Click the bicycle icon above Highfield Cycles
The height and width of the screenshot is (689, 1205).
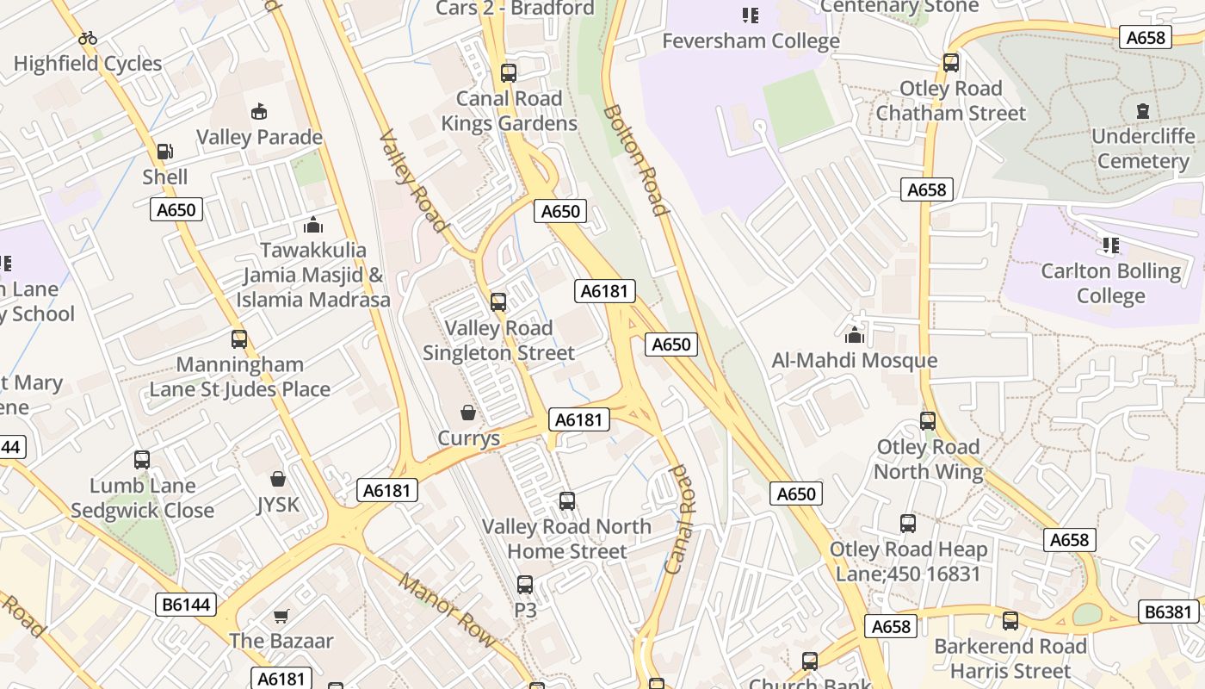click(x=87, y=38)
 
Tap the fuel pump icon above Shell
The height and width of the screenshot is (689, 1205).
click(x=164, y=152)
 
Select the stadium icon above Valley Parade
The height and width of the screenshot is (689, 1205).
click(x=259, y=111)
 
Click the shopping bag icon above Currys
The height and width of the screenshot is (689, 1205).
click(x=468, y=413)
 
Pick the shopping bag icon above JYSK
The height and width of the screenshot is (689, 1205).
click(x=278, y=478)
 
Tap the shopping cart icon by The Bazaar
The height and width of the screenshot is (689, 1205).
click(x=281, y=616)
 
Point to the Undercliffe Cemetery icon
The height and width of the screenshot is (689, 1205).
click(x=1143, y=110)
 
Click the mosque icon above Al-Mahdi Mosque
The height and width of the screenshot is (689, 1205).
click(x=854, y=334)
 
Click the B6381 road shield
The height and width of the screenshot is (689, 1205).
click(x=1168, y=611)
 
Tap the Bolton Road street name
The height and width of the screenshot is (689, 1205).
click(x=635, y=160)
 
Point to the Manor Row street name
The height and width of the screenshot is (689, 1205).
click(x=446, y=610)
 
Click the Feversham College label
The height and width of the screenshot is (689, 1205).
click(x=751, y=40)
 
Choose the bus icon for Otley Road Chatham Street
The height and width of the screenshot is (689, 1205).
click(x=950, y=62)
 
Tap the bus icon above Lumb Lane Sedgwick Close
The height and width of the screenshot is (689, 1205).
click(x=142, y=460)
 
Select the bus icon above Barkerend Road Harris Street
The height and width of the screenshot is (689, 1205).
click(x=1010, y=620)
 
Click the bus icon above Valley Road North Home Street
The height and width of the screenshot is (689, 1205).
click(x=566, y=500)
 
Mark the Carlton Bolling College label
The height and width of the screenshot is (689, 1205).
click(x=1110, y=283)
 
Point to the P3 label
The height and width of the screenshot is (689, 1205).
click(x=525, y=610)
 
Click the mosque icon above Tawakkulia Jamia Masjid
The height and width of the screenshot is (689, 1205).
click(x=312, y=225)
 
